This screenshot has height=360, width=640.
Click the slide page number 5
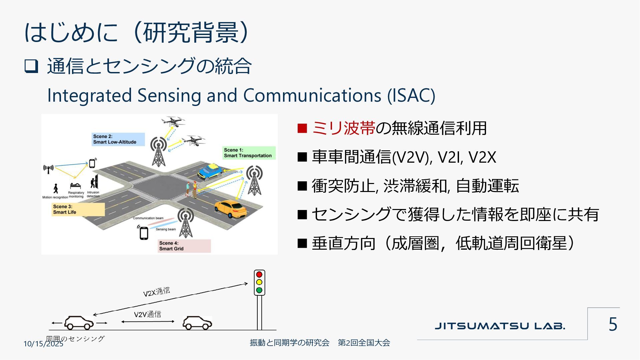click(x=613, y=324)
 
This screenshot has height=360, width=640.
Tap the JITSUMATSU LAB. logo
click(x=500, y=326)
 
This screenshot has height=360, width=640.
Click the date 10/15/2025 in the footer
click(x=43, y=344)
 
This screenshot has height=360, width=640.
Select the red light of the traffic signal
click(x=259, y=275)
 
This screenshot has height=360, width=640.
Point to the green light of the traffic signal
click(x=259, y=290)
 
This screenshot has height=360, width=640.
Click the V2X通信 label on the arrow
click(x=157, y=292)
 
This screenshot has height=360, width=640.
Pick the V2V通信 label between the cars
click(x=147, y=314)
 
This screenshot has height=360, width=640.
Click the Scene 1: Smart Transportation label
click(x=248, y=153)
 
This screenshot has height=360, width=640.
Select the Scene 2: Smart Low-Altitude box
click(x=118, y=139)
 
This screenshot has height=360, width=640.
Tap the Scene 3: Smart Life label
click(x=78, y=209)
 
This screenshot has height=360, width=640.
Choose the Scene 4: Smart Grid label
click(x=184, y=246)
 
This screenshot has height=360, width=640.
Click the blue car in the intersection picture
click(x=210, y=171)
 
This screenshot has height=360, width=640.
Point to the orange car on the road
click(x=231, y=208)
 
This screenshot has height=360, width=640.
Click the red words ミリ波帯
click(x=344, y=128)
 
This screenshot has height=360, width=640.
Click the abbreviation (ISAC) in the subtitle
click(x=411, y=96)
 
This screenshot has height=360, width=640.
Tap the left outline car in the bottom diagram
click(x=79, y=323)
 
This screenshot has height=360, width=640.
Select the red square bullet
click(x=302, y=128)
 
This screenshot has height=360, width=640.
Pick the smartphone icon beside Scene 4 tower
click(x=144, y=233)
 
